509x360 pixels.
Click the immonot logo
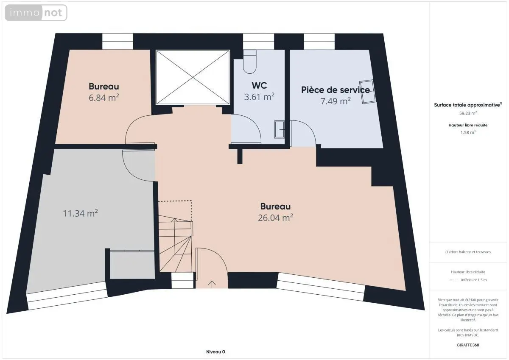click(36, 13)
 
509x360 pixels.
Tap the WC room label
click(259, 86)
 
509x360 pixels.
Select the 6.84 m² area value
click(103, 98)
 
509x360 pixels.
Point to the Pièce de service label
click(336, 90)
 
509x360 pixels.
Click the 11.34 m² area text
click(80, 213)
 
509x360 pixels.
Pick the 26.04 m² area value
click(275, 218)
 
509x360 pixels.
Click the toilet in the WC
click(250, 61)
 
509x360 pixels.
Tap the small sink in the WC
click(279, 129)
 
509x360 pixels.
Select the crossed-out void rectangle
click(193, 77)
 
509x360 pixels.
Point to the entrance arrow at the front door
click(212, 284)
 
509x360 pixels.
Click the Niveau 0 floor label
click(215, 352)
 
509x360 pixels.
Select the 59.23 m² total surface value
click(468, 113)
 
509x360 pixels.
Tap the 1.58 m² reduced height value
click(468, 132)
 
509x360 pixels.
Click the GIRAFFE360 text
click(468, 345)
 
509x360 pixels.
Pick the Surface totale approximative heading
click(467, 105)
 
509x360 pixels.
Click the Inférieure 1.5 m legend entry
click(474, 280)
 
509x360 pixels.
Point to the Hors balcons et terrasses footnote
click(468, 252)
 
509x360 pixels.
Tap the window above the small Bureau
click(117, 42)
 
